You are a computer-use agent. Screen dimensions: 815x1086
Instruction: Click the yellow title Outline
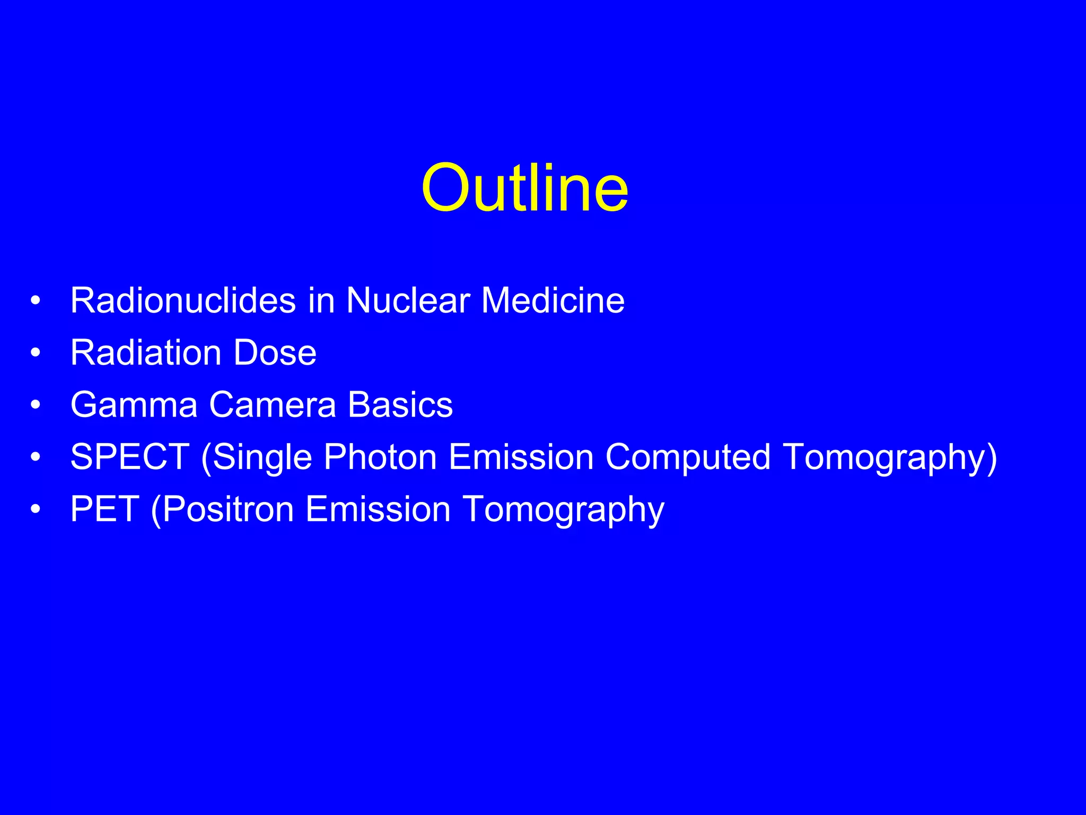coord(525,188)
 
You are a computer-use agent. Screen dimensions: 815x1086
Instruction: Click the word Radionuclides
coord(183,300)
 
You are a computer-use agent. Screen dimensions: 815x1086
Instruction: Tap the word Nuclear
coord(408,300)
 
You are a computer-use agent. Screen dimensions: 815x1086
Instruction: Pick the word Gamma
coord(134,405)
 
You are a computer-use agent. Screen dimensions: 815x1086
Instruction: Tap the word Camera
coord(273,405)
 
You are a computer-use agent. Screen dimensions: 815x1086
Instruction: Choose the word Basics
coord(400,405)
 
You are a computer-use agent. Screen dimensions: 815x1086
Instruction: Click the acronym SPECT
coord(130,457)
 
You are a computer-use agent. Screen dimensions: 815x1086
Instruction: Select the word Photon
coord(380,457)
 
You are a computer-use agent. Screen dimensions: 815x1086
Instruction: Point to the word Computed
coord(688,457)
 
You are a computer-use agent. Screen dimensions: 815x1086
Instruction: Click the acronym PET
coord(104,509)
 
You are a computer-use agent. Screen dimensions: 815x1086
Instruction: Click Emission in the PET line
coord(378,509)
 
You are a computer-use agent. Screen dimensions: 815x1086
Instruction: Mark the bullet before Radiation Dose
coord(36,353)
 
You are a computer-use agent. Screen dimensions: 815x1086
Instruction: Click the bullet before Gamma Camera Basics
coord(36,405)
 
